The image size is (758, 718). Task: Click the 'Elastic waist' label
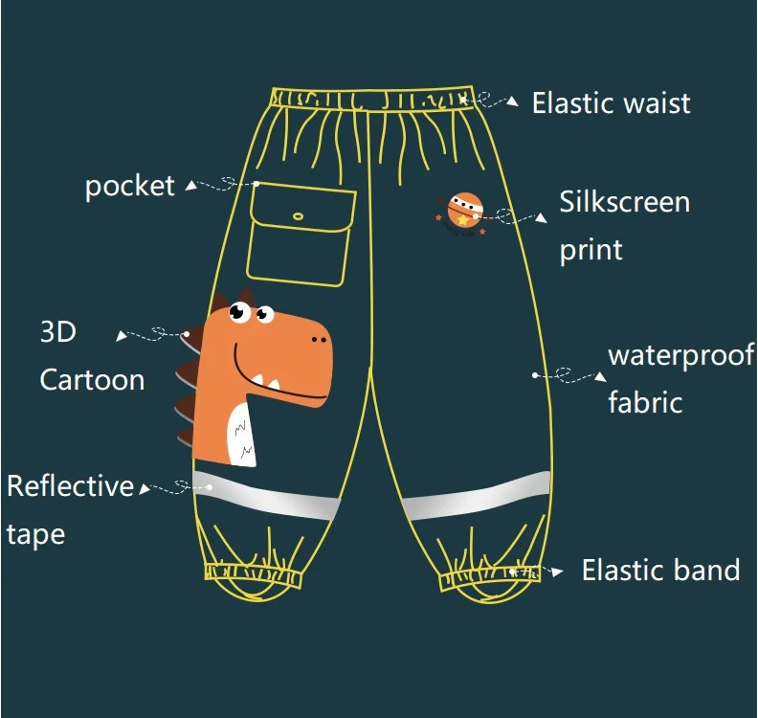[611, 103]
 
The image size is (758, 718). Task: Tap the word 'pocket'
[130, 186]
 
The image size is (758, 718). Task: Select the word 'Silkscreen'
[624, 202]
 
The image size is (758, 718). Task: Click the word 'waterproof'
[681, 356]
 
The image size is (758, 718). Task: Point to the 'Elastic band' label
[660, 571]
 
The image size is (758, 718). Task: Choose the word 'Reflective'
[70, 485]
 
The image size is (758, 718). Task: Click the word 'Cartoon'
[92, 379]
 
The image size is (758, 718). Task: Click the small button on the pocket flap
[298, 216]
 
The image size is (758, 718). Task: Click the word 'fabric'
[645, 402]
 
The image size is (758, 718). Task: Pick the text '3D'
[57, 332]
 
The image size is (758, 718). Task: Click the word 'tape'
[35, 533]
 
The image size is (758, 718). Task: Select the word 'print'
[591, 250]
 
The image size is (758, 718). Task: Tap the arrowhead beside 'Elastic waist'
[513, 101]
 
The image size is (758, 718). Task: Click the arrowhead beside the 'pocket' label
[191, 186]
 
